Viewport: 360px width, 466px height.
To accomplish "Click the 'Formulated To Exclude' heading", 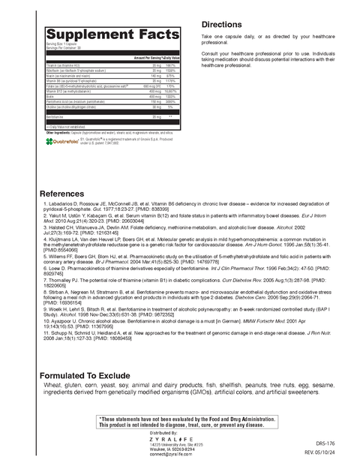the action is click(91, 374).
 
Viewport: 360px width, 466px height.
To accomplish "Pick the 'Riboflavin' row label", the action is click(69, 71).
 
